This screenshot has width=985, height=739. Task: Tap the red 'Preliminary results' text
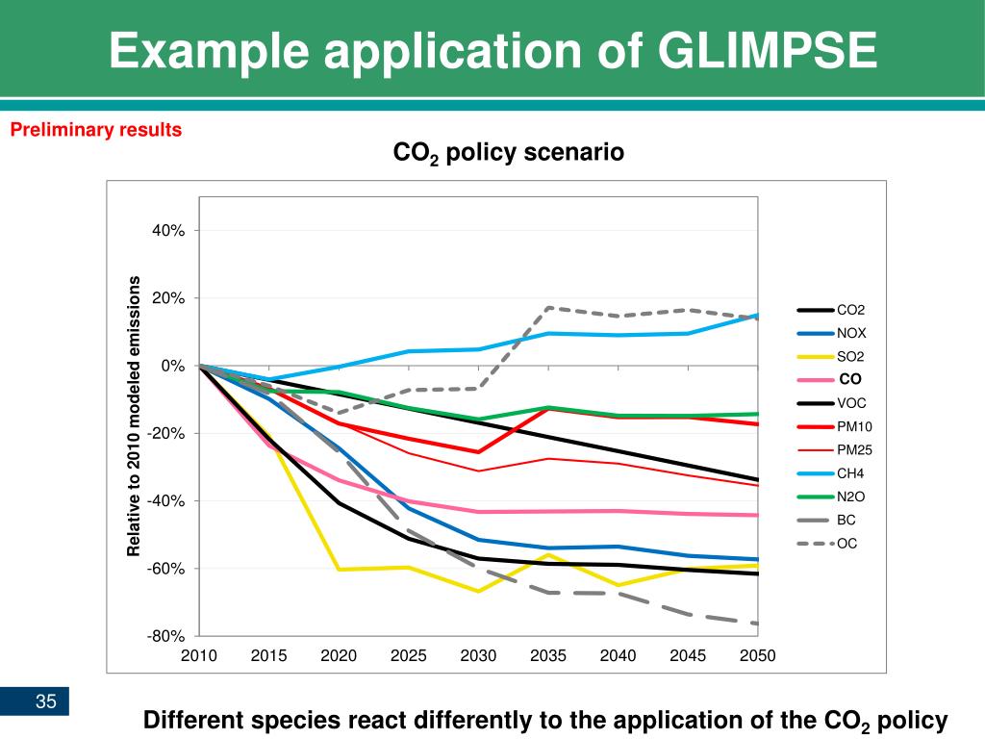(x=96, y=130)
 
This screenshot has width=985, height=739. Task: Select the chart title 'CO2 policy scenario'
(x=509, y=153)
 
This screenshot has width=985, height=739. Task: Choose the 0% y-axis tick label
(x=172, y=366)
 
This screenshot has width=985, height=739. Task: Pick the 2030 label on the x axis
(x=478, y=656)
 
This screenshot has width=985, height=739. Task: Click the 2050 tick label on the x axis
(x=757, y=656)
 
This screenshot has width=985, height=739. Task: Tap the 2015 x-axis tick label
(x=268, y=656)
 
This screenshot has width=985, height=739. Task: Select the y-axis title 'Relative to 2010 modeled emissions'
(x=135, y=416)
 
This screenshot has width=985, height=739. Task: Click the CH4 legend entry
(x=850, y=473)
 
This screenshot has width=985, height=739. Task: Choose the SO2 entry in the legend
(x=850, y=357)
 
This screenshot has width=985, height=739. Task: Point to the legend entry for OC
(x=846, y=544)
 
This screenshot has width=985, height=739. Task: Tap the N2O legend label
(x=850, y=497)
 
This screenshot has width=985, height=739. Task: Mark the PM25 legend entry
(x=854, y=449)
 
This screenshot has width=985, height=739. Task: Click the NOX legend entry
(x=851, y=333)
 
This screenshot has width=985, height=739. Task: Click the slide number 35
(x=46, y=701)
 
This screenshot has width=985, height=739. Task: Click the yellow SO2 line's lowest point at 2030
(x=478, y=591)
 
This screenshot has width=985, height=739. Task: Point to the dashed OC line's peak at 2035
(x=548, y=308)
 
